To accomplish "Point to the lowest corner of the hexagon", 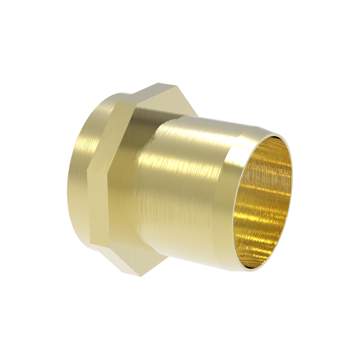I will click(140, 276).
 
